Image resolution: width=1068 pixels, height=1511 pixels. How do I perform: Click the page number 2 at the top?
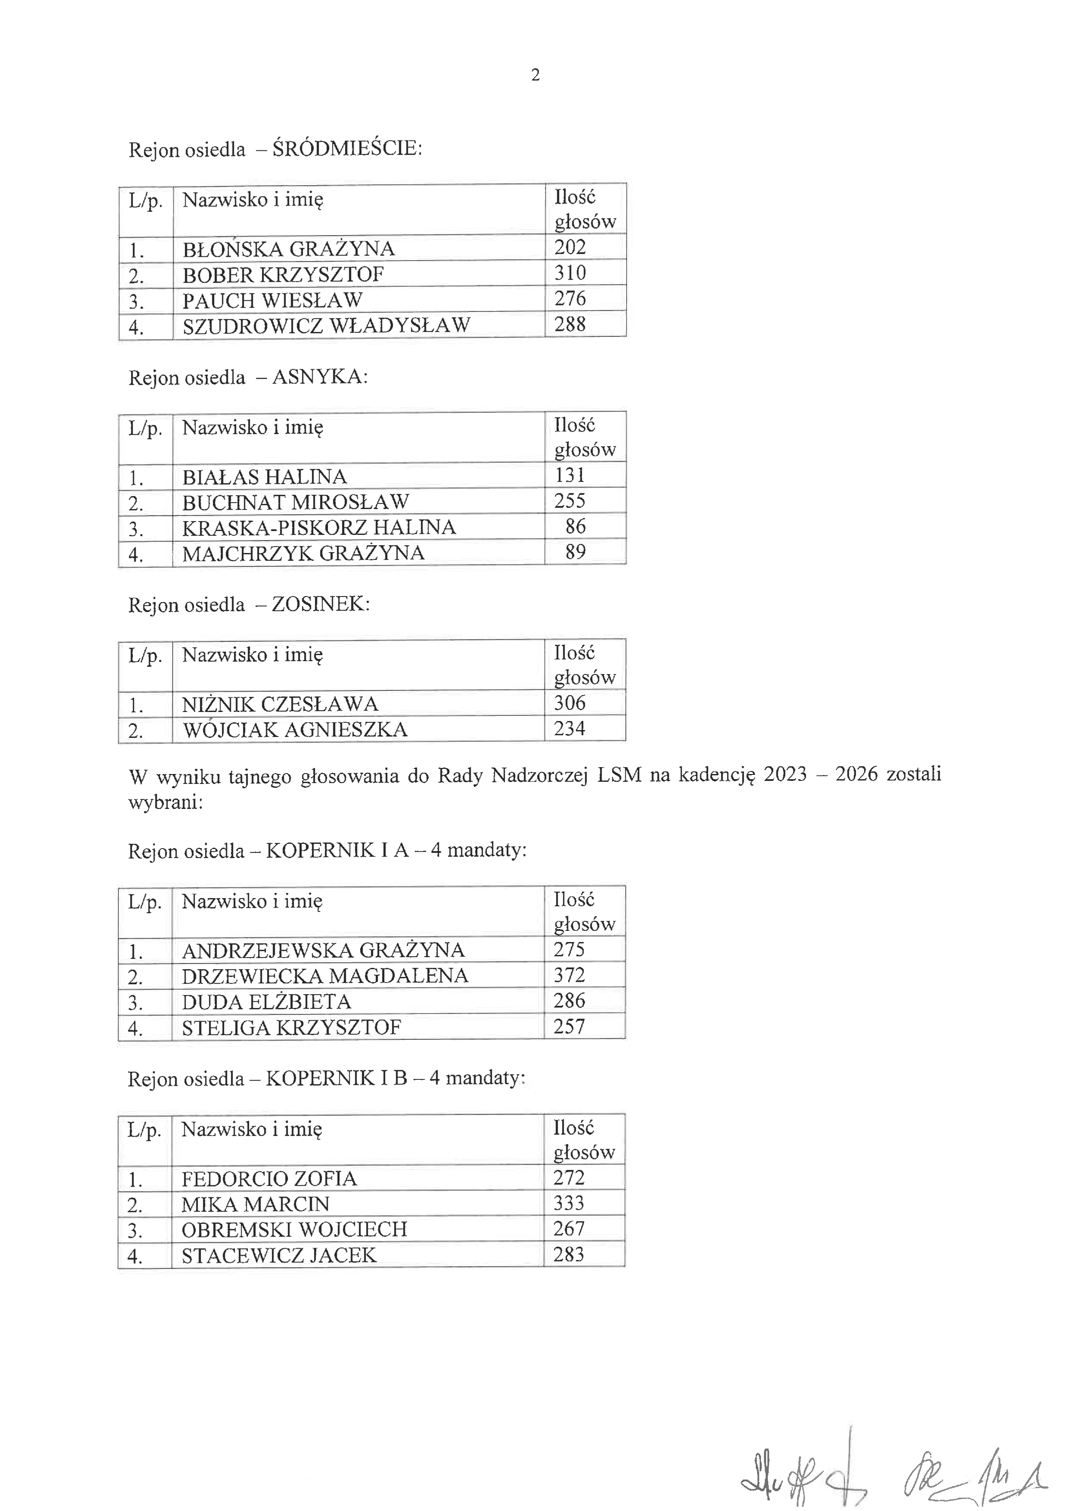click(535, 75)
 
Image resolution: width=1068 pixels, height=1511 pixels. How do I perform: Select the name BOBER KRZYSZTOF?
click(283, 274)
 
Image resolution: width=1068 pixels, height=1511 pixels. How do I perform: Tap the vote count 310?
click(570, 273)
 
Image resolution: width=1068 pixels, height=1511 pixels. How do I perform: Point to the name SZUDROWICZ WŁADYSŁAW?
click(326, 325)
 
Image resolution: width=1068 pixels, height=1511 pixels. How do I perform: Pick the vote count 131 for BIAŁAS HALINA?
click(570, 475)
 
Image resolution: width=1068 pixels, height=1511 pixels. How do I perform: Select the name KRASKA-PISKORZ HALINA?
click(319, 528)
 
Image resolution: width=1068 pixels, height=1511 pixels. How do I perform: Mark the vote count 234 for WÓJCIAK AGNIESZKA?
click(569, 728)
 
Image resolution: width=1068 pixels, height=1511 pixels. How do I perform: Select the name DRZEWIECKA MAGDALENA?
click(324, 975)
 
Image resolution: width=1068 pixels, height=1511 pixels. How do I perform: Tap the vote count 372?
click(569, 975)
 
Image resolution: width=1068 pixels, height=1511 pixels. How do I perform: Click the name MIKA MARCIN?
click(255, 1203)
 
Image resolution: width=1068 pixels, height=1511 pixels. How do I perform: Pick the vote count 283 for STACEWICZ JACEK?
click(568, 1254)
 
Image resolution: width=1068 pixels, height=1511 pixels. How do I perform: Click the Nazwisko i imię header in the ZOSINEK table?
click(252, 655)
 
